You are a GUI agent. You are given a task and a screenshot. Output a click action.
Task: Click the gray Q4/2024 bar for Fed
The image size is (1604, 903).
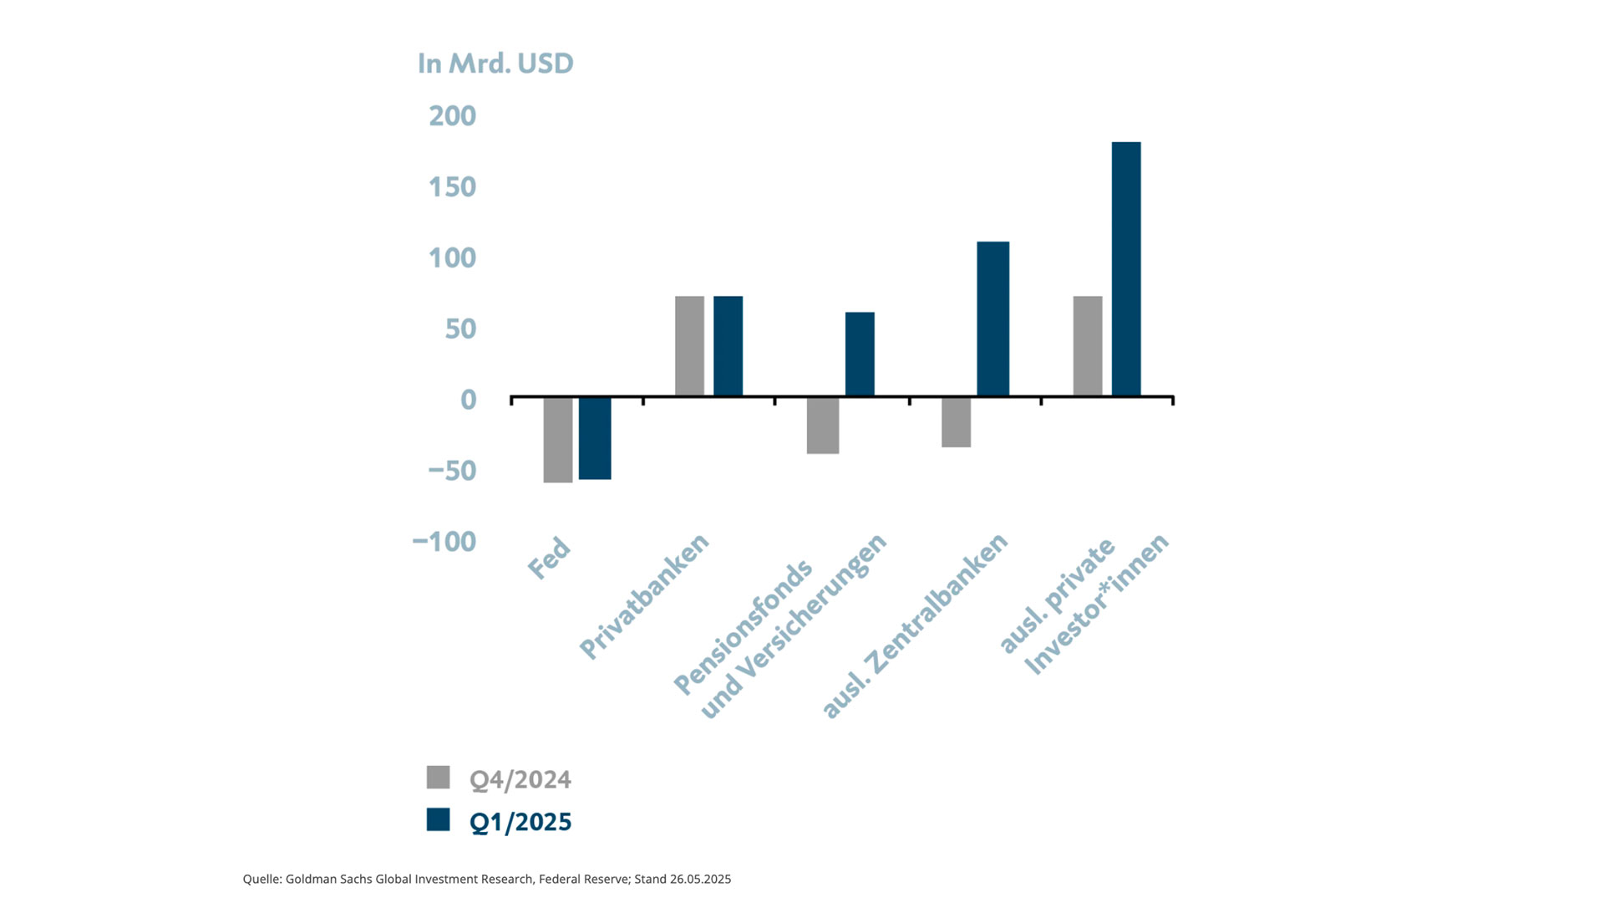557,440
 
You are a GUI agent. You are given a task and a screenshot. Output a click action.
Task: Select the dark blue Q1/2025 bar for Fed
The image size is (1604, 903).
595,438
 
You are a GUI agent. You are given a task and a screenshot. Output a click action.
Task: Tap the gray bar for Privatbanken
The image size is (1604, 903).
689,346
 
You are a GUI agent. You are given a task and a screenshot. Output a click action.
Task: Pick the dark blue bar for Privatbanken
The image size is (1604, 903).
728,346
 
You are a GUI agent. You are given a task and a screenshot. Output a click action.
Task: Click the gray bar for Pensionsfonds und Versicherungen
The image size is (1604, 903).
823,426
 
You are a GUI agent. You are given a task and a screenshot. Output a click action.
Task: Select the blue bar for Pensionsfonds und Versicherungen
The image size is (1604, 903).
860,355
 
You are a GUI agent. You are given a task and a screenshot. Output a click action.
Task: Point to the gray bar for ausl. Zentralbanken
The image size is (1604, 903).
956,422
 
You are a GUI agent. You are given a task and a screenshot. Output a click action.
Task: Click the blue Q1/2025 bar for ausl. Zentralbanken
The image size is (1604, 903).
992,319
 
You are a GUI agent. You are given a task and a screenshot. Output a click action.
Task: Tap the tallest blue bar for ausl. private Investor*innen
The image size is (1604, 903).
1125,269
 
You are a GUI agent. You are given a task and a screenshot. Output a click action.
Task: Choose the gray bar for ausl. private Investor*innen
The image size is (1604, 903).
1087,346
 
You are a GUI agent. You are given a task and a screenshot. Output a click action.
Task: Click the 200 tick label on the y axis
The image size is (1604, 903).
452,115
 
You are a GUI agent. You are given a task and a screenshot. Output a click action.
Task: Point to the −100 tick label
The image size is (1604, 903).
444,542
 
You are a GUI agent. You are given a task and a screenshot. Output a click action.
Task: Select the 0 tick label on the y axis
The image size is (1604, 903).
468,400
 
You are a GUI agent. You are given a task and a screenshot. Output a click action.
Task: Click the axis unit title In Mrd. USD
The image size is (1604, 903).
495,64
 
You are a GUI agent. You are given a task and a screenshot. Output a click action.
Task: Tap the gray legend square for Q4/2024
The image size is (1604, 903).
438,778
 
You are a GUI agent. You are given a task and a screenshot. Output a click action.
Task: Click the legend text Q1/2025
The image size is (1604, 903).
520,822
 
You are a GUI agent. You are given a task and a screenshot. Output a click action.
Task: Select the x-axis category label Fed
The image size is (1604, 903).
549,559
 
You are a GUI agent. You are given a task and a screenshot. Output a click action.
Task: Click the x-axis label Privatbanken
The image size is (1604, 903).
644,595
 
